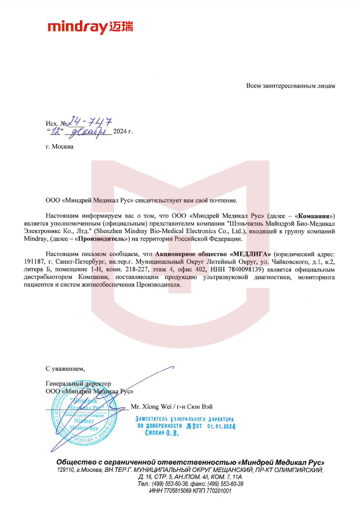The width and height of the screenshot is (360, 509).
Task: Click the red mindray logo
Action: (90, 27)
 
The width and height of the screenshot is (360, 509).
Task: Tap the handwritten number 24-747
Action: (90, 121)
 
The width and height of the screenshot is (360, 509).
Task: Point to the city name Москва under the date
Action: (62, 147)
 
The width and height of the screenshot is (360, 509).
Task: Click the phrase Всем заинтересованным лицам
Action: (290, 86)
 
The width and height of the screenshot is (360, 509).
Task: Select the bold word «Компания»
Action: (313, 216)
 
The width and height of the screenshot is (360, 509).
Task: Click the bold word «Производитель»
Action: (101, 239)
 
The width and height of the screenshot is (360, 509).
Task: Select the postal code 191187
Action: (34, 262)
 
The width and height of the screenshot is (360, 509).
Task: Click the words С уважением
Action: (65, 369)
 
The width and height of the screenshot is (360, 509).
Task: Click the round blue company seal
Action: (84, 412)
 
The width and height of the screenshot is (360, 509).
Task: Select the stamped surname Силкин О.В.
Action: (162, 433)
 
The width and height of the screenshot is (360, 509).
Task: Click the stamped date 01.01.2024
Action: (221, 426)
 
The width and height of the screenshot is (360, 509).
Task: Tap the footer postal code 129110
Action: (66, 470)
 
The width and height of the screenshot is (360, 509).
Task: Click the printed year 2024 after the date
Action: (120, 131)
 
